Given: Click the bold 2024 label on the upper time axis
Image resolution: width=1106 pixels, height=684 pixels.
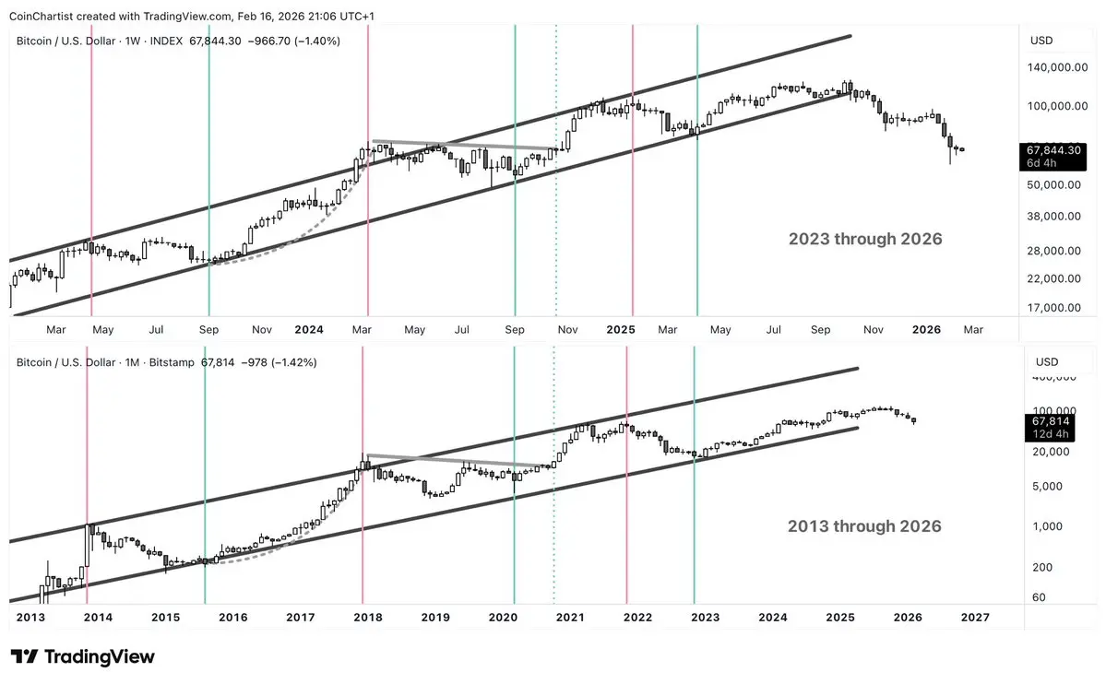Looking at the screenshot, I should click(x=309, y=329).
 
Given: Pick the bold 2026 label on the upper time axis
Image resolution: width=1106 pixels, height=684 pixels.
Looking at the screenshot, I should click(x=926, y=329).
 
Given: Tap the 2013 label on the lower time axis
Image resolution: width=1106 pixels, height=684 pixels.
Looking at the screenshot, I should click(x=30, y=617).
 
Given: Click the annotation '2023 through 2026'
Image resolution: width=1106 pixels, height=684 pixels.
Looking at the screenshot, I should click(x=864, y=239).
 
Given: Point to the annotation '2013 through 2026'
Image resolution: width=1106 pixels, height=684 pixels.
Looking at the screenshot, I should click(x=864, y=526).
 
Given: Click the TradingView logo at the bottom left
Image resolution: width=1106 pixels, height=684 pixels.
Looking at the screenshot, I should click(x=83, y=657).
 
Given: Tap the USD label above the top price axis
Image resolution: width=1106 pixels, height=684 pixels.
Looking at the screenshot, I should click(x=1041, y=40).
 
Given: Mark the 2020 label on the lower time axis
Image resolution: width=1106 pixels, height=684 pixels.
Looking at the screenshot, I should click(x=503, y=617).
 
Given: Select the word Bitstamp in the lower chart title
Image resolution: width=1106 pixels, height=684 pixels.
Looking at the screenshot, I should click(x=170, y=362).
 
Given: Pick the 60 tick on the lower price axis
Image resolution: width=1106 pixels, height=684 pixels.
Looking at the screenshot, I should click(x=1039, y=597).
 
